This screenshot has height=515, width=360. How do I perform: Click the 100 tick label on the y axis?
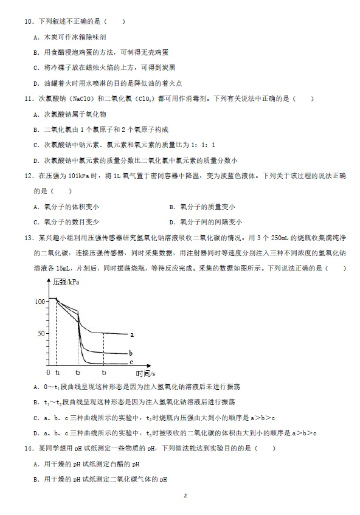pyautogui.click(x=41, y=301)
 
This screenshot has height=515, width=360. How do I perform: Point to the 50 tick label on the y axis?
pyautogui.click(x=42, y=333)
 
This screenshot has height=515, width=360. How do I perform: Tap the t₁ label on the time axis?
pyautogui.click(x=57, y=372)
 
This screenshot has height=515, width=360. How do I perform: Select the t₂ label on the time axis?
pyautogui.click(x=78, y=372)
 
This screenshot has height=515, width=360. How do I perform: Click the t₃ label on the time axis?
pyautogui.click(x=104, y=372)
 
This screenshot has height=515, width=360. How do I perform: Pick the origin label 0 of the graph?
pyautogui.click(x=49, y=372)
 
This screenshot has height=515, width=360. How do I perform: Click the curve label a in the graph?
pyautogui.click(x=132, y=334)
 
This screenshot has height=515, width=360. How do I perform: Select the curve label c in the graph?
pyautogui.click(x=131, y=362)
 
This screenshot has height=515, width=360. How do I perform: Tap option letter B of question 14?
pyautogui.click(x=36, y=479)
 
